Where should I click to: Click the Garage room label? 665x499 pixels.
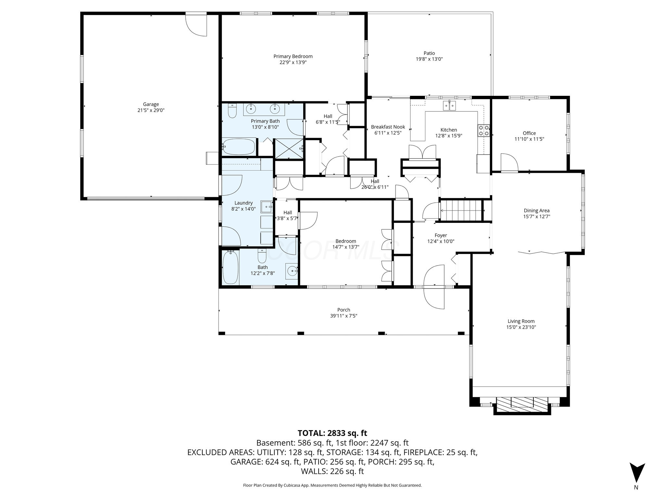click(x=151, y=104)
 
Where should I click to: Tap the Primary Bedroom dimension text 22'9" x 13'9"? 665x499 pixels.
click(x=293, y=62)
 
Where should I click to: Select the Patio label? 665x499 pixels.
click(x=429, y=53)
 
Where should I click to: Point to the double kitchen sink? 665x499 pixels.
click(x=450, y=105)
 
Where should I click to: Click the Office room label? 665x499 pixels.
click(x=529, y=133)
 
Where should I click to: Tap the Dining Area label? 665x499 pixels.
click(x=536, y=211)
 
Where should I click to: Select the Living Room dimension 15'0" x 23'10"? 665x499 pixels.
click(x=521, y=327)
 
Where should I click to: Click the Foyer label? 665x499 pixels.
click(x=441, y=236)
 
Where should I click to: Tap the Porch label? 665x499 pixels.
click(x=344, y=310)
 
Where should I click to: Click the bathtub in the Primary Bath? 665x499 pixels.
click(x=239, y=147)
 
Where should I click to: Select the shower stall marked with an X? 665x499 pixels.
click(x=289, y=148)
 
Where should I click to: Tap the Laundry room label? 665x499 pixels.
click(x=244, y=203)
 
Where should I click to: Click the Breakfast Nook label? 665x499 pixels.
click(x=388, y=127)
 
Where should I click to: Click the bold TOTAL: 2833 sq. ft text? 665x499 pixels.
click(x=332, y=433)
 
